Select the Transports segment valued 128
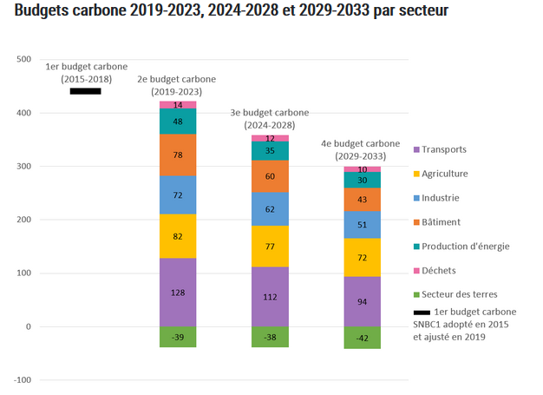(x=177, y=293)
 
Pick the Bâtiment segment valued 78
(x=177, y=155)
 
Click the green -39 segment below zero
(x=177, y=337)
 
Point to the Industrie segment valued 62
(x=270, y=209)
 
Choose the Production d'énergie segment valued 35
(x=270, y=151)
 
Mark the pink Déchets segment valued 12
(x=270, y=138)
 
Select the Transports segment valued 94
(x=363, y=301)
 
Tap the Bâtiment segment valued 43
(x=363, y=200)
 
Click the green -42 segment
(x=363, y=338)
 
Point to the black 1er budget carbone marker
(x=85, y=90)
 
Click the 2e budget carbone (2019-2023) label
(x=177, y=85)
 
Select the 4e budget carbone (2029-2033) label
(x=363, y=149)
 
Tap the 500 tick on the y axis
(x=23, y=59)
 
